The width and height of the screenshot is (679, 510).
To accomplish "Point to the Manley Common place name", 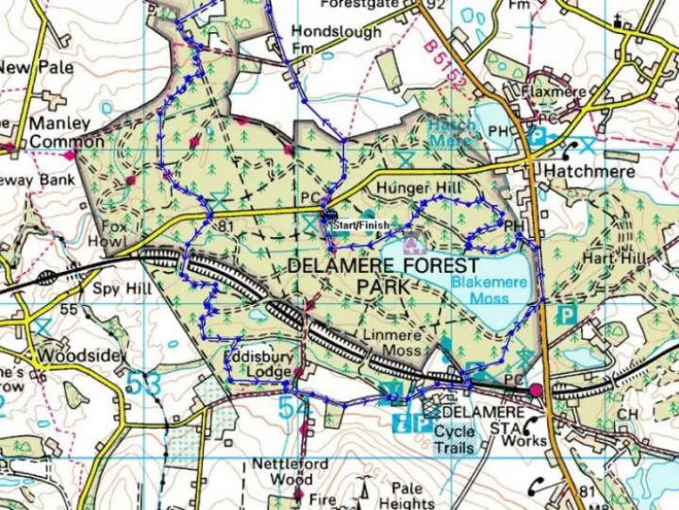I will pyautogui.click(x=66, y=132).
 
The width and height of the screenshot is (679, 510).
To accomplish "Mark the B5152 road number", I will pyautogui.click(x=443, y=64).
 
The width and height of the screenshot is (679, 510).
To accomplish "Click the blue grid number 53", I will pyautogui.click(x=141, y=384).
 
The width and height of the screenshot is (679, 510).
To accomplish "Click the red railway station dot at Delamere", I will pyautogui.click(x=537, y=390).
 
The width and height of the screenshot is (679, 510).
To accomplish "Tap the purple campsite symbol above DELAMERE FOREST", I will pyautogui.click(x=411, y=245).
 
